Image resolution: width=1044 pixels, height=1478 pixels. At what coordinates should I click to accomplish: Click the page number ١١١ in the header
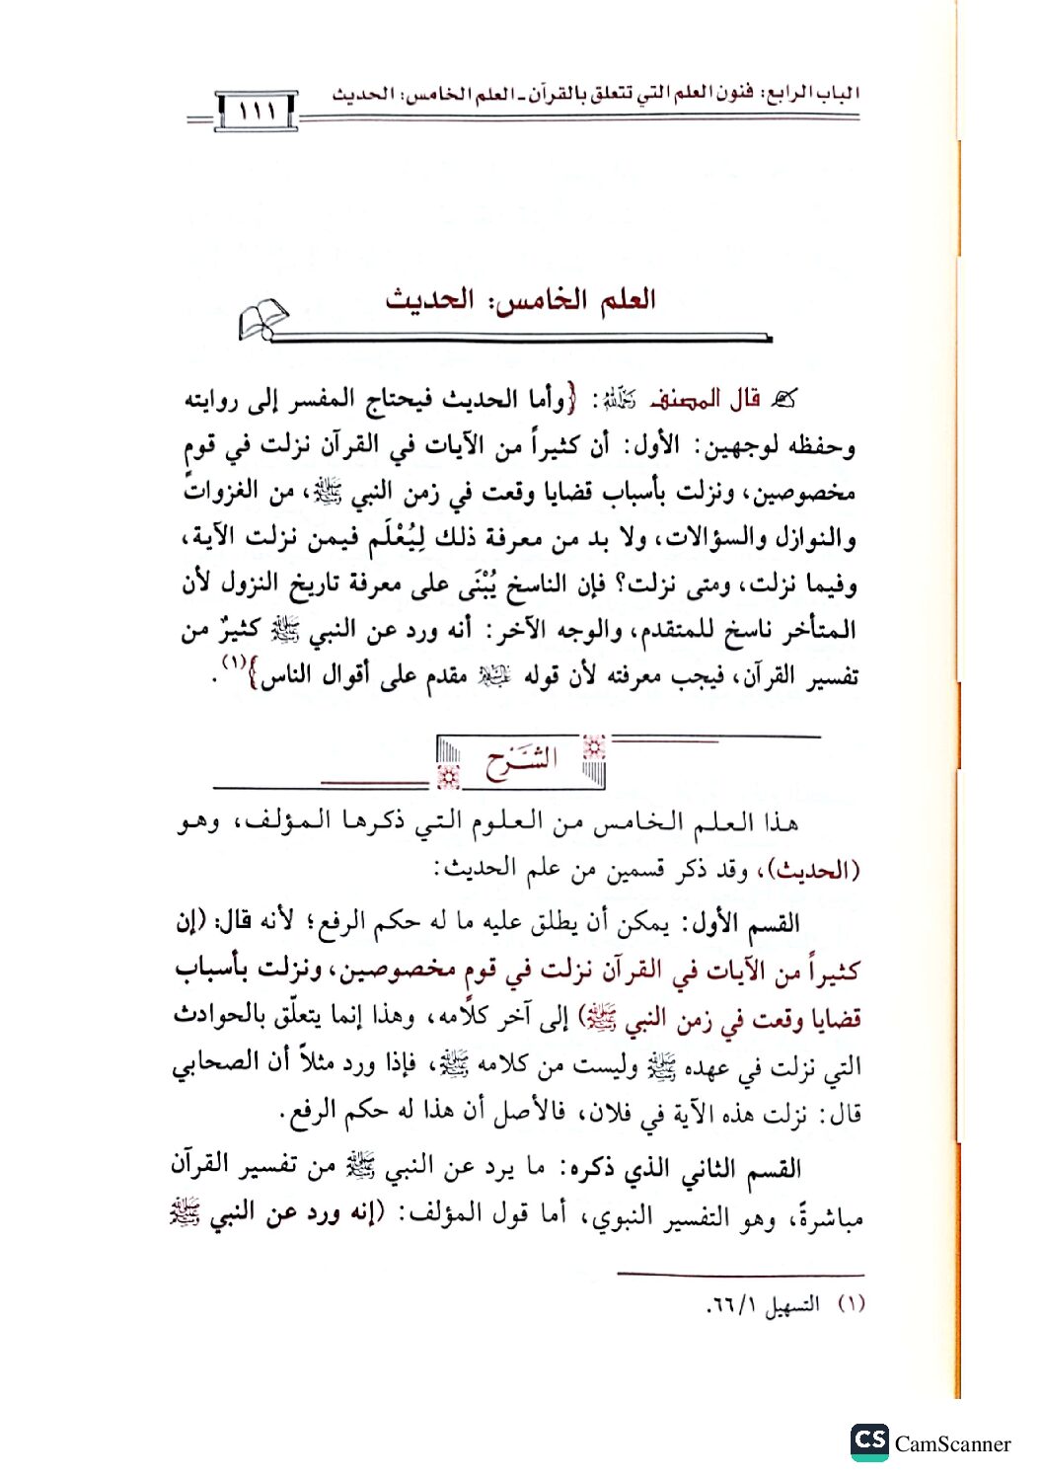pos(257,110)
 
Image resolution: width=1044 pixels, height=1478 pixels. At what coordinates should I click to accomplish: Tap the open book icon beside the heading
pos(262,320)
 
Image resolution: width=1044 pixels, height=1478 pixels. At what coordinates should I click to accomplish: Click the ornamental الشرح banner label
pos(521,762)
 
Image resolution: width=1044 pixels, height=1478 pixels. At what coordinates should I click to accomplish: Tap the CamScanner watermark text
pos(952,1443)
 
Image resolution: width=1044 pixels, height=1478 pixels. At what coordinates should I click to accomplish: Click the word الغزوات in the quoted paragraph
pos(228,491)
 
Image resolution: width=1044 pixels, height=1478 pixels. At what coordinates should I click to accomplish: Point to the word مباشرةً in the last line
pos(821,1217)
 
